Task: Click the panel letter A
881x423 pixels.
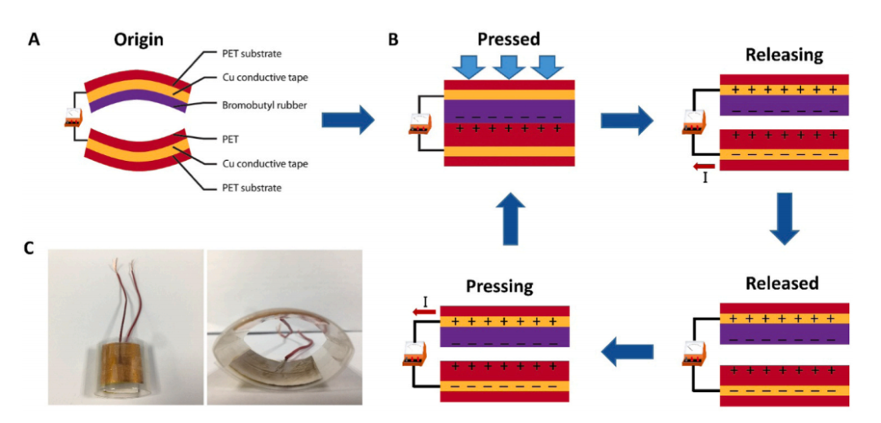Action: click(33, 39)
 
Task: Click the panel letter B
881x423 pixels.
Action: click(393, 39)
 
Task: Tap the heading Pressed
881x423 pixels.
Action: click(509, 39)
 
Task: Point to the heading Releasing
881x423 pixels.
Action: click(784, 56)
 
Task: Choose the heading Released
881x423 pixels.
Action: click(783, 283)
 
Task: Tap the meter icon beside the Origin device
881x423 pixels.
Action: click(73, 119)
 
